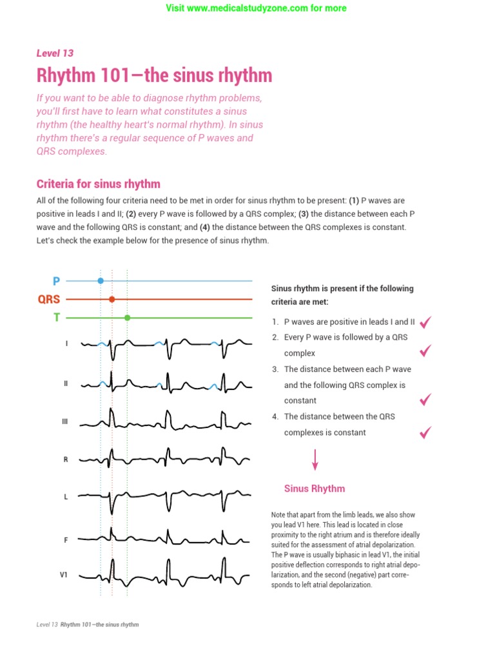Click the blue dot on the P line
click(100, 280)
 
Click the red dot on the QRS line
click(112, 299)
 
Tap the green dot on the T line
click(127, 317)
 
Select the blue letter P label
click(56, 281)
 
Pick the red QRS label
click(49, 299)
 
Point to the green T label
click(57, 317)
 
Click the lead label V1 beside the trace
click(64, 573)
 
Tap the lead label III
click(64, 422)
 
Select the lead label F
click(66, 540)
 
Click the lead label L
click(66, 497)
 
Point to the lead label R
click(66, 460)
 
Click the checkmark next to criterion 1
click(425, 322)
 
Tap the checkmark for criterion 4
click(425, 432)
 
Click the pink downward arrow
click(315, 460)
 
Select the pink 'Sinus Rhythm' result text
click(315, 489)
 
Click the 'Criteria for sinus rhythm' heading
click(99, 184)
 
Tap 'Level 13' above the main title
click(55, 53)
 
